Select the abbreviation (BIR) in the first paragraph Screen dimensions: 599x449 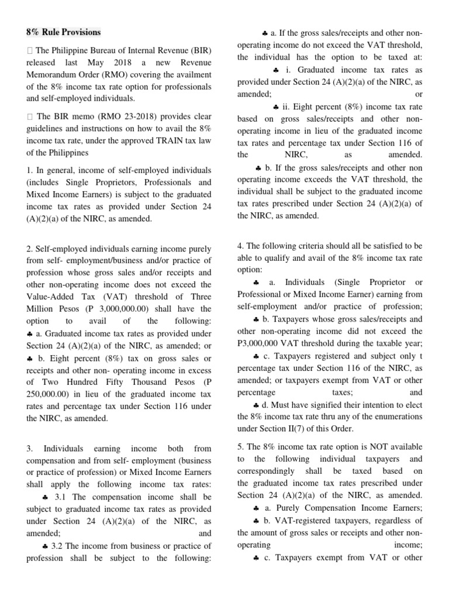pyautogui.click(x=197, y=49)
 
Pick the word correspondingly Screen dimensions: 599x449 pyautogui.click(x=271, y=470)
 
